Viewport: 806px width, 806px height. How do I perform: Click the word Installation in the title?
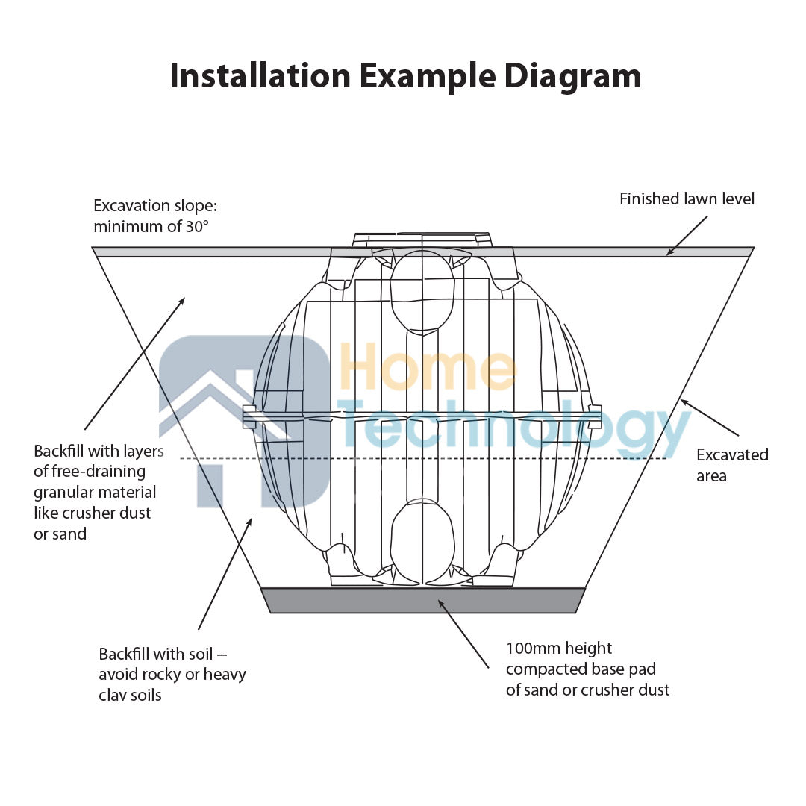click(260, 75)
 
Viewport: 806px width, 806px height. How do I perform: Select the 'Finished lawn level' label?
click(687, 199)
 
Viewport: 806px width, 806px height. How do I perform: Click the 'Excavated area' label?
click(732, 465)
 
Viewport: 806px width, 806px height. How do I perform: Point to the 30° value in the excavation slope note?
click(197, 226)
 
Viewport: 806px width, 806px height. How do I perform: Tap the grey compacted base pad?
click(422, 600)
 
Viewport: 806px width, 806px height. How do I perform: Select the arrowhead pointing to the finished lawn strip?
click(670, 252)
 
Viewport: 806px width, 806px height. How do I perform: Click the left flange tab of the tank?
click(249, 416)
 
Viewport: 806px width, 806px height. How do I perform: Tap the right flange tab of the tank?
click(595, 416)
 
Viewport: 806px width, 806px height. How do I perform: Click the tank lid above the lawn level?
click(422, 240)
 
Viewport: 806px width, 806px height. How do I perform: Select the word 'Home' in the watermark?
click(428, 367)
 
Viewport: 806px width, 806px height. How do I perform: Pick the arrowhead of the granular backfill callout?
click(181, 302)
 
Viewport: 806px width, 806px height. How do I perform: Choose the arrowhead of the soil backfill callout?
click(249, 522)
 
